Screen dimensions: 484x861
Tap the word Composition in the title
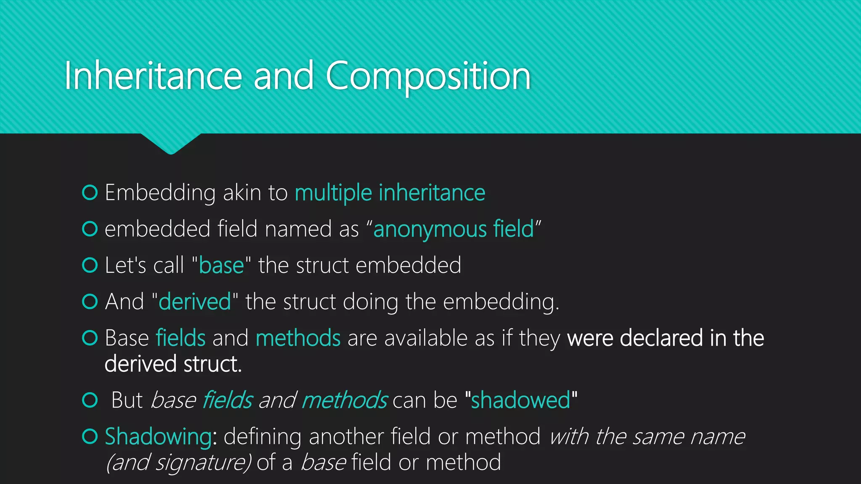428,76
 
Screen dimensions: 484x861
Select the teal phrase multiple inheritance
390,193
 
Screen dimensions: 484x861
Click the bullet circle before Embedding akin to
90,192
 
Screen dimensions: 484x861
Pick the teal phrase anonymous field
453,229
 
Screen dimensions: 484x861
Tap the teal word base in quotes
221,266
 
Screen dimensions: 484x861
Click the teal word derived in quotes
195,302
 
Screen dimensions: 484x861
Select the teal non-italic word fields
181,338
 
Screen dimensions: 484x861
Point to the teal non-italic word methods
298,338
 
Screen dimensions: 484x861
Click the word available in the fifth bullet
425,338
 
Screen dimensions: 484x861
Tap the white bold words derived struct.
173,364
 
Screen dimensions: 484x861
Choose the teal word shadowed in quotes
520,400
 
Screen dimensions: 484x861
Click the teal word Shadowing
158,437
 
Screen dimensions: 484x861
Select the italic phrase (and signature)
178,463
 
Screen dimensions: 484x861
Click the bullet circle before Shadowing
90,436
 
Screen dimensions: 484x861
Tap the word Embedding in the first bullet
160,193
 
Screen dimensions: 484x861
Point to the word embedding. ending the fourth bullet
501,302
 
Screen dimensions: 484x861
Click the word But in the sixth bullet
127,400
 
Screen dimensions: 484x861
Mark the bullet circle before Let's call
90,265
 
